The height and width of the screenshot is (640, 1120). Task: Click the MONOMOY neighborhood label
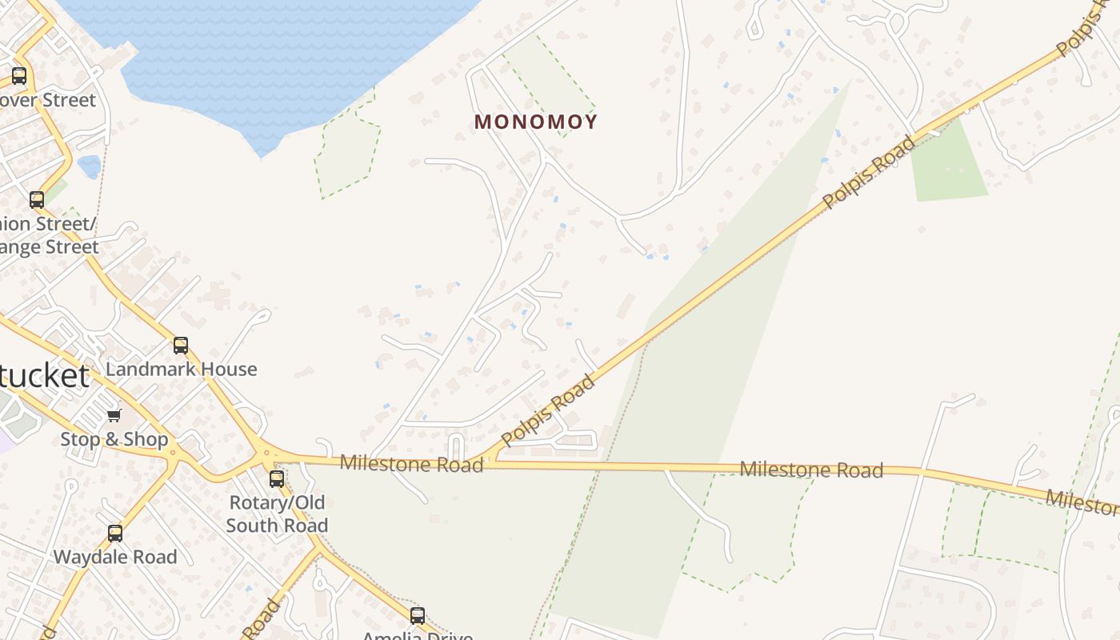[x=536, y=122]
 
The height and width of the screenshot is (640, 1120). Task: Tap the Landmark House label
[x=182, y=369]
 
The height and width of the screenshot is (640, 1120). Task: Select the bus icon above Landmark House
[x=181, y=346]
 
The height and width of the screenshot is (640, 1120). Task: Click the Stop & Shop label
[x=114, y=439]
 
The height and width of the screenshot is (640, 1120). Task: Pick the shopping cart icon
[x=114, y=415]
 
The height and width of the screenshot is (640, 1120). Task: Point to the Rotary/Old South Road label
[x=277, y=514]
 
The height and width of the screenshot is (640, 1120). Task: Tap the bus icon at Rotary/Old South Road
[x=277, y=479]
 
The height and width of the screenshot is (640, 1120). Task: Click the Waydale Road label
[x=115, y=557]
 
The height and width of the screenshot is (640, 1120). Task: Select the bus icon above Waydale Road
[x=115, y=534]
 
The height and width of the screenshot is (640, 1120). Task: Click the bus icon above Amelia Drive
[x=418, y=615]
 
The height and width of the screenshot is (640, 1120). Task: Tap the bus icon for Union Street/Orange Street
[x=37, y=200]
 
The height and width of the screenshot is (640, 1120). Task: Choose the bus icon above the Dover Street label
[x=19, y=77]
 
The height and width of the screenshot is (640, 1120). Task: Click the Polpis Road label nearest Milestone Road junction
[x=549, y=410]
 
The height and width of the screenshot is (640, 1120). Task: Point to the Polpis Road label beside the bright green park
[x=870, y=173]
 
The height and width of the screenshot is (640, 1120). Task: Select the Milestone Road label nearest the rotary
[x=411, y=463]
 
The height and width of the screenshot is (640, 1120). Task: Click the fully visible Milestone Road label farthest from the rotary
[x=811, y=470]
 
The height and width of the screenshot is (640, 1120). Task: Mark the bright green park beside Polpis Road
[x=949, y=164]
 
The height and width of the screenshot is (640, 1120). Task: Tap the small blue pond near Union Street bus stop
[x=90, y=166]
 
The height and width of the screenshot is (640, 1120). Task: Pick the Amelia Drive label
[x=418, y=635]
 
